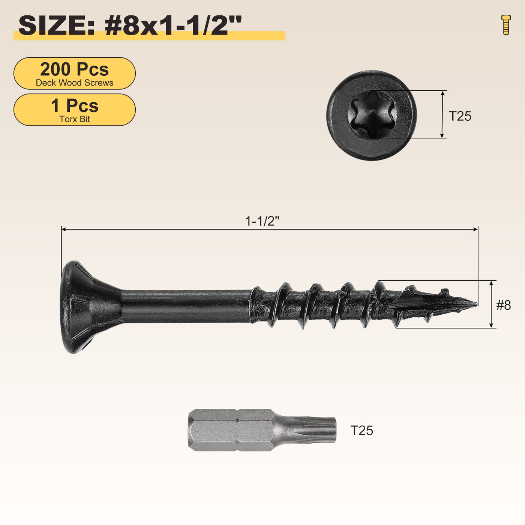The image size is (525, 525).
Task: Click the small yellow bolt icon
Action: click(x=506, y=24)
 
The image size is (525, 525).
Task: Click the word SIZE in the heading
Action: click(x=56, y=26)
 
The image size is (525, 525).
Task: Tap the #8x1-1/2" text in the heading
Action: click(x=173, y=25)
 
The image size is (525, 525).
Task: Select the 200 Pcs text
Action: click(x=74, y=69)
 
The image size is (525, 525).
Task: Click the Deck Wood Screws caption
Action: click(x=74, y=83)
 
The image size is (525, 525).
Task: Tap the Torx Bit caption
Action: click(x=74, y=119)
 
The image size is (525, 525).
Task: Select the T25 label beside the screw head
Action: click(x=460, y=116)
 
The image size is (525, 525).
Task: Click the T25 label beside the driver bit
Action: click(x=361, y=431)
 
